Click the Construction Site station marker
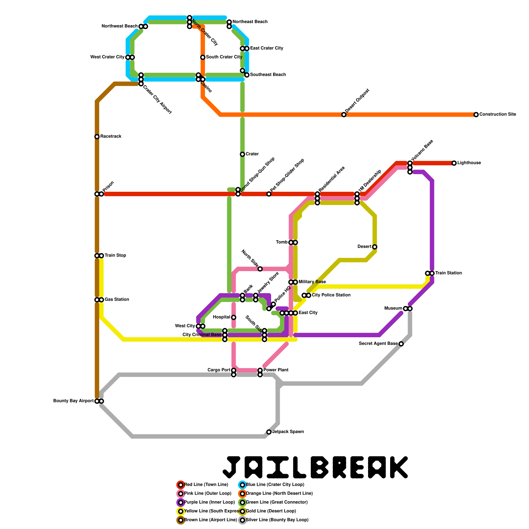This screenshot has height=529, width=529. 476,115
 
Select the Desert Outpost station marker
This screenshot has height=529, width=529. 344,115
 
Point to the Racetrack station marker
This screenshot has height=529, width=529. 97,137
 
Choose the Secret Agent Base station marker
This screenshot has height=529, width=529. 401,344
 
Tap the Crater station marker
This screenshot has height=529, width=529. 242,154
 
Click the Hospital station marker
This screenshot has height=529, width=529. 234,317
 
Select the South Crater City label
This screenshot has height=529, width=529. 224,57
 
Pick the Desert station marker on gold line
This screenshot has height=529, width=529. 375,247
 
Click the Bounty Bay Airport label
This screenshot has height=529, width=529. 73,401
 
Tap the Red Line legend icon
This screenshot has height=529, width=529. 181,485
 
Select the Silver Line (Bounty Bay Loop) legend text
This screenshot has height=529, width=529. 277,520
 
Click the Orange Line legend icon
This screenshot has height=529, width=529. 242,494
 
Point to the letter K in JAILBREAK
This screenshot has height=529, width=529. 397,468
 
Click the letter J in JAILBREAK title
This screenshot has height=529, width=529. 231,468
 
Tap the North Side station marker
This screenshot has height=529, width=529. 260,269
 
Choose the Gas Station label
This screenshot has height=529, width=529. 117,300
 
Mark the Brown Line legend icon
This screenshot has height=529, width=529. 181,520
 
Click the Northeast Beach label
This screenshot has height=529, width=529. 250,22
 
